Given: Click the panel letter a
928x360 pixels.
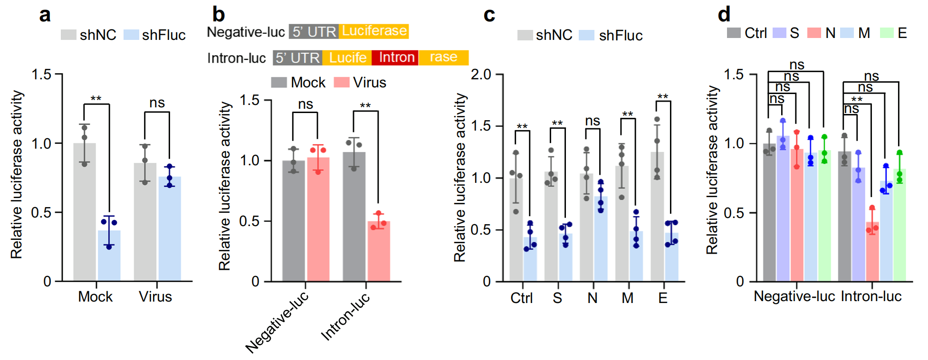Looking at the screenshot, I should click(45, 15).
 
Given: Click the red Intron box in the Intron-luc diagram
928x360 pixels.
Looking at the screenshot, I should click(395, 57).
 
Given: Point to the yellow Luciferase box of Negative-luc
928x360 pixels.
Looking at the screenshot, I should click(373, 31).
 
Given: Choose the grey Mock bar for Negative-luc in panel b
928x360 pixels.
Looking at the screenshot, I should click(294, 221).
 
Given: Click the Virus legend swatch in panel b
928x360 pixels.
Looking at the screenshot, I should click(341, 83).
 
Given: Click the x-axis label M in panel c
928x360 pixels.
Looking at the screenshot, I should click(627, 298).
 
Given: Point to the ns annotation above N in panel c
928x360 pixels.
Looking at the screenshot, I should click(593, 121).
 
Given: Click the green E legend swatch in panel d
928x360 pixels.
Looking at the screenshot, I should click(887, 33).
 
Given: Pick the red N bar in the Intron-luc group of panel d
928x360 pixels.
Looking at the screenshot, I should click(872, 252).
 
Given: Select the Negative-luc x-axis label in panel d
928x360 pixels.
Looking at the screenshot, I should click(794, 296).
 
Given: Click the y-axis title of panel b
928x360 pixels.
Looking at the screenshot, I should click(224, 186).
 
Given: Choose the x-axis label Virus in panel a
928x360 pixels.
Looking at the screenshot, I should click(155, 297).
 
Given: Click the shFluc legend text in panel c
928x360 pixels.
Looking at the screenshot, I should click(621, 35).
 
